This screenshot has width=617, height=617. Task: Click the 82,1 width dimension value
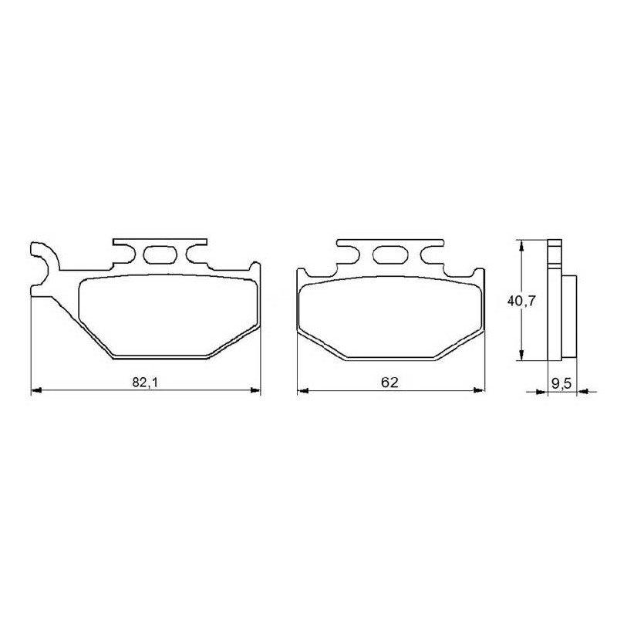click(145, 382)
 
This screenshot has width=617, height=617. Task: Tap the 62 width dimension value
click(389, 382)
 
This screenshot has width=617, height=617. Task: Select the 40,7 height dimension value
click(521, 301)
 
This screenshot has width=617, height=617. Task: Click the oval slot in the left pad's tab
click(160, 255)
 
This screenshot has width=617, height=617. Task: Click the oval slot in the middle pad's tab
click(389, 255)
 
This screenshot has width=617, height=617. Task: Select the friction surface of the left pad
click(168, 315)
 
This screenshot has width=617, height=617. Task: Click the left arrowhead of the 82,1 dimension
click(35, 390)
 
